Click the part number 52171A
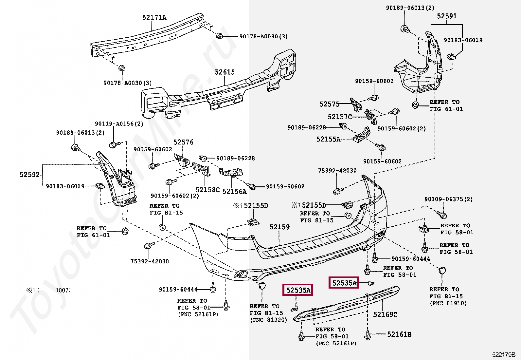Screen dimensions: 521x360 pyautogui.click(x=154, y=17)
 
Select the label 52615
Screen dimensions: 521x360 pyautogui.click(x=225, y=72)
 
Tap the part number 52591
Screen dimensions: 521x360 pyautogui.click(x=447, y=16)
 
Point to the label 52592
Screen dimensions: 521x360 pyautogui.click(x=29, y=175)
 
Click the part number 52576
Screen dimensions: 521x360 pyautogui.click(x=183, y=142)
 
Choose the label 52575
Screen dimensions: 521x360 pyautogui.click(x=329, y=104)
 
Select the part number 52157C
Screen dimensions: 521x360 pyautogui.click(x=340, y=117)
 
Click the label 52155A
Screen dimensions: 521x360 pyautogui.click(x=328, y=139)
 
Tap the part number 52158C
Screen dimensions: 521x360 pyautogui.click(x=207, y=190)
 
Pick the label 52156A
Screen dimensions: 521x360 pyautogui.click(x=234, y=191)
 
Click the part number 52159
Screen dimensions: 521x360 pyautogui.click(x=279, y=227)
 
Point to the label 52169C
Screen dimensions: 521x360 pyautogui.click(x=385, y=314)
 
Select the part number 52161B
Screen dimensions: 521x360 pyautogui.click(x=399, y=334)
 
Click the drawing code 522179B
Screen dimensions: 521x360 pyautogui.click(x=504, y=355)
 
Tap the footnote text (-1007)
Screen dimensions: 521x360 pyautogui.click(x=54, y=290)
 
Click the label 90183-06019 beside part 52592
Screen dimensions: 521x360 pyautogui.click(x=65, y=186)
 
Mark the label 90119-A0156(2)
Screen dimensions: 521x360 pyautogui.click(x=119, y=123)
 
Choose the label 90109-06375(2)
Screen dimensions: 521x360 pyautogui.click(x=449, y=199)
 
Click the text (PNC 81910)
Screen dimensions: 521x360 pyautogui.click(x=448, y=303)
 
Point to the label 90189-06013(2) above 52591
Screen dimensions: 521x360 pyautogui.click(x=410, y=8)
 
